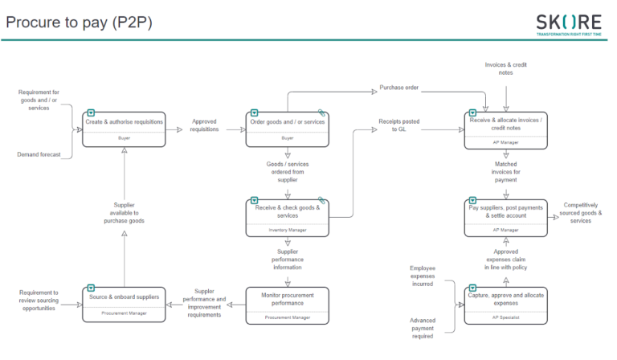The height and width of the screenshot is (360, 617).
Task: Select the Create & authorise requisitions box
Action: point(124,129)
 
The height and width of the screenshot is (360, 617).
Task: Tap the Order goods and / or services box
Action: point(287,129)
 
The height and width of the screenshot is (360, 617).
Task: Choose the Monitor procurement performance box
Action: point(287,305)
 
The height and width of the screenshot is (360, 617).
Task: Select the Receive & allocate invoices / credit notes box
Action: point(506,129)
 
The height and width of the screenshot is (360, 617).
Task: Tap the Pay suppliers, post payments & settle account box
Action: point(506,217)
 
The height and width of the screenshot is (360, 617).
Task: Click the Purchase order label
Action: point(399,88)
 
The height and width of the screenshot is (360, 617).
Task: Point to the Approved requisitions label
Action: point(204,126)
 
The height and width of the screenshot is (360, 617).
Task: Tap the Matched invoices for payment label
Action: point(506,172)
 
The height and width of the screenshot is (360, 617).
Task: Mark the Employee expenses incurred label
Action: point(422,276)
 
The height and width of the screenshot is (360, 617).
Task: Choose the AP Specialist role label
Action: point(506,319)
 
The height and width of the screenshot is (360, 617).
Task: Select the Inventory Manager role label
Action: point(287,231)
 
